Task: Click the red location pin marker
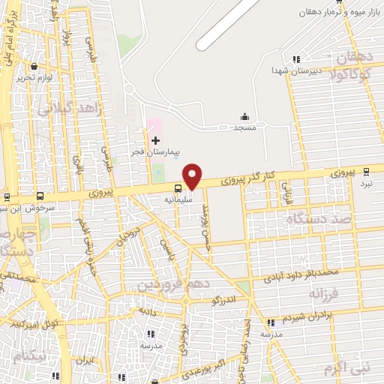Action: tap(193, 175)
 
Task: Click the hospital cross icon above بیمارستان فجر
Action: tap(155, 140)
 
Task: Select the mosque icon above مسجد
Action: tap(244, 117)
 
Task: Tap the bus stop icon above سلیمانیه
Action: tap(178, 189)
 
